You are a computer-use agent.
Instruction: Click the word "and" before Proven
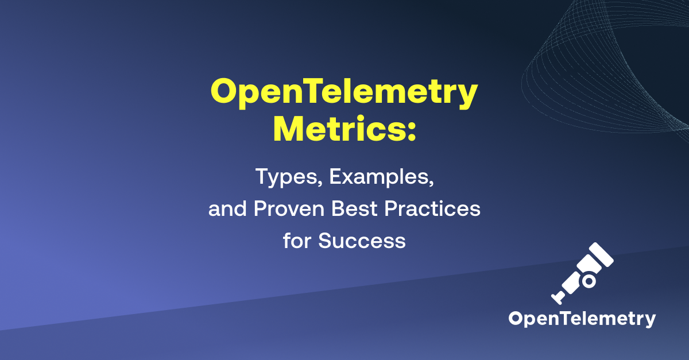226,210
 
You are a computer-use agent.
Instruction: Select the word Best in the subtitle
359,210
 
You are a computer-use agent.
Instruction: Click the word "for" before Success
297,241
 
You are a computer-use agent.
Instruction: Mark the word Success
362,241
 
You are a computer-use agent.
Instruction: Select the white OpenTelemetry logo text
582,319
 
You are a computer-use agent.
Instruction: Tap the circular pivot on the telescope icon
589,281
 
